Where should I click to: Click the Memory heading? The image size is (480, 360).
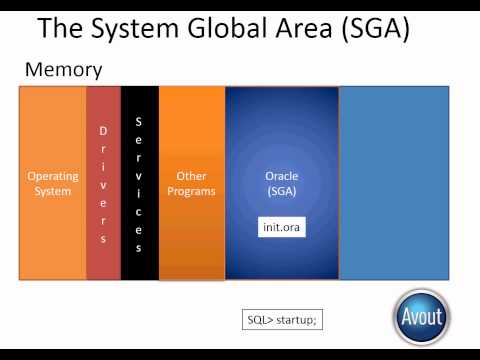click(x=62, y=71)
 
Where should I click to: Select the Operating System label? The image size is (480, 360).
click(x=53, y=183)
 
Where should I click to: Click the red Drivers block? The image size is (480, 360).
click(x=103, y=182)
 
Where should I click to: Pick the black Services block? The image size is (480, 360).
click(x=139, y=182)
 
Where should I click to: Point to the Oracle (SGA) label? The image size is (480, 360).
click(x=281, y=183)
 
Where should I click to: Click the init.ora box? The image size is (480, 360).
click(x=281, y=227)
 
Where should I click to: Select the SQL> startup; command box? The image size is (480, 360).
click(x=281, y=320)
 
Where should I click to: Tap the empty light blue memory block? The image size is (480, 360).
click(x=394, y=182)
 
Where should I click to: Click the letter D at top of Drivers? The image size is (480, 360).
click(x=103, y=131)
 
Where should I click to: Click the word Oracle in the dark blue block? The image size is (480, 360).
click(x=281, y=176)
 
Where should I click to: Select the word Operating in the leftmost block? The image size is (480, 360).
click(x=53, y=176)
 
